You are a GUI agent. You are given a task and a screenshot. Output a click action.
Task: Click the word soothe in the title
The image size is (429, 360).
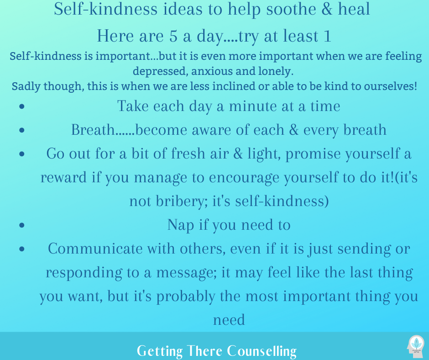[291, 9]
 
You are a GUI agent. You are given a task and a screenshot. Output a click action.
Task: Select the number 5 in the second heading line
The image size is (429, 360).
[173, 36]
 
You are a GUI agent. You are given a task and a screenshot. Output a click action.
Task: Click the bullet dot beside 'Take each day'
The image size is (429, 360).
[22, 106]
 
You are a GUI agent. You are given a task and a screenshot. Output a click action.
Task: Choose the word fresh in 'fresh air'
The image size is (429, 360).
[188, 154]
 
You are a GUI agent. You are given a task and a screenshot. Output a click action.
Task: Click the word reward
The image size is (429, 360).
[63, 178]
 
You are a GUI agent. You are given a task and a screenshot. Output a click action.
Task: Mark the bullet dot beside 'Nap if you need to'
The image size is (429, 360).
[22, 225]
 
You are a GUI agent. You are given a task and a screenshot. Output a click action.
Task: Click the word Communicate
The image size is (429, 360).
[95, 249]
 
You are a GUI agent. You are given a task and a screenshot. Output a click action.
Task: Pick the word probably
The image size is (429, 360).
[185, 296]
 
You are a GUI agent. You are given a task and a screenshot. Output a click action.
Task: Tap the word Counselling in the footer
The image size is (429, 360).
[262, 351]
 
